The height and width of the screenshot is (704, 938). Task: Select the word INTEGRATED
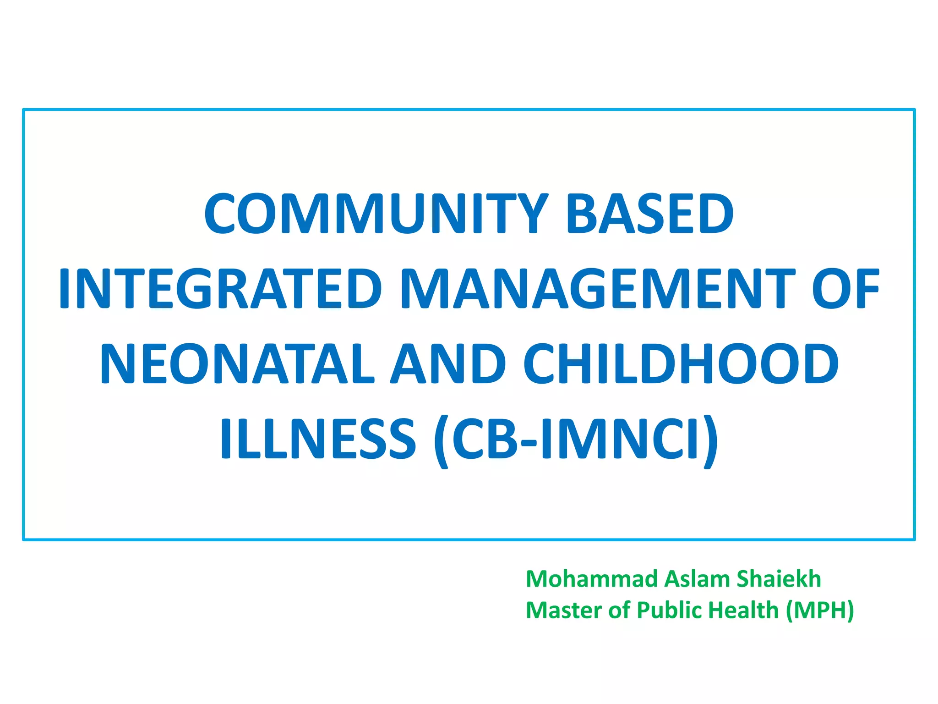(x=220, y=289)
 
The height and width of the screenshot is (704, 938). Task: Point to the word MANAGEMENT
(x=598, y=289)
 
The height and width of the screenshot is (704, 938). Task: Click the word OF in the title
(x=845, y=289)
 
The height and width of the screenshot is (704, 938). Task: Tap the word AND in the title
(x=448, y=364)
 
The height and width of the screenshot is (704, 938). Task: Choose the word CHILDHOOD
(x=681, y=364)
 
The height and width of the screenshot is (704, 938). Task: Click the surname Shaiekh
(x=779, y=579)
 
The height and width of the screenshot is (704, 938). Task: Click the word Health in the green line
(x=742, y=610)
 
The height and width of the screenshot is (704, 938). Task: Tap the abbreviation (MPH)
(x=820, y=610)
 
